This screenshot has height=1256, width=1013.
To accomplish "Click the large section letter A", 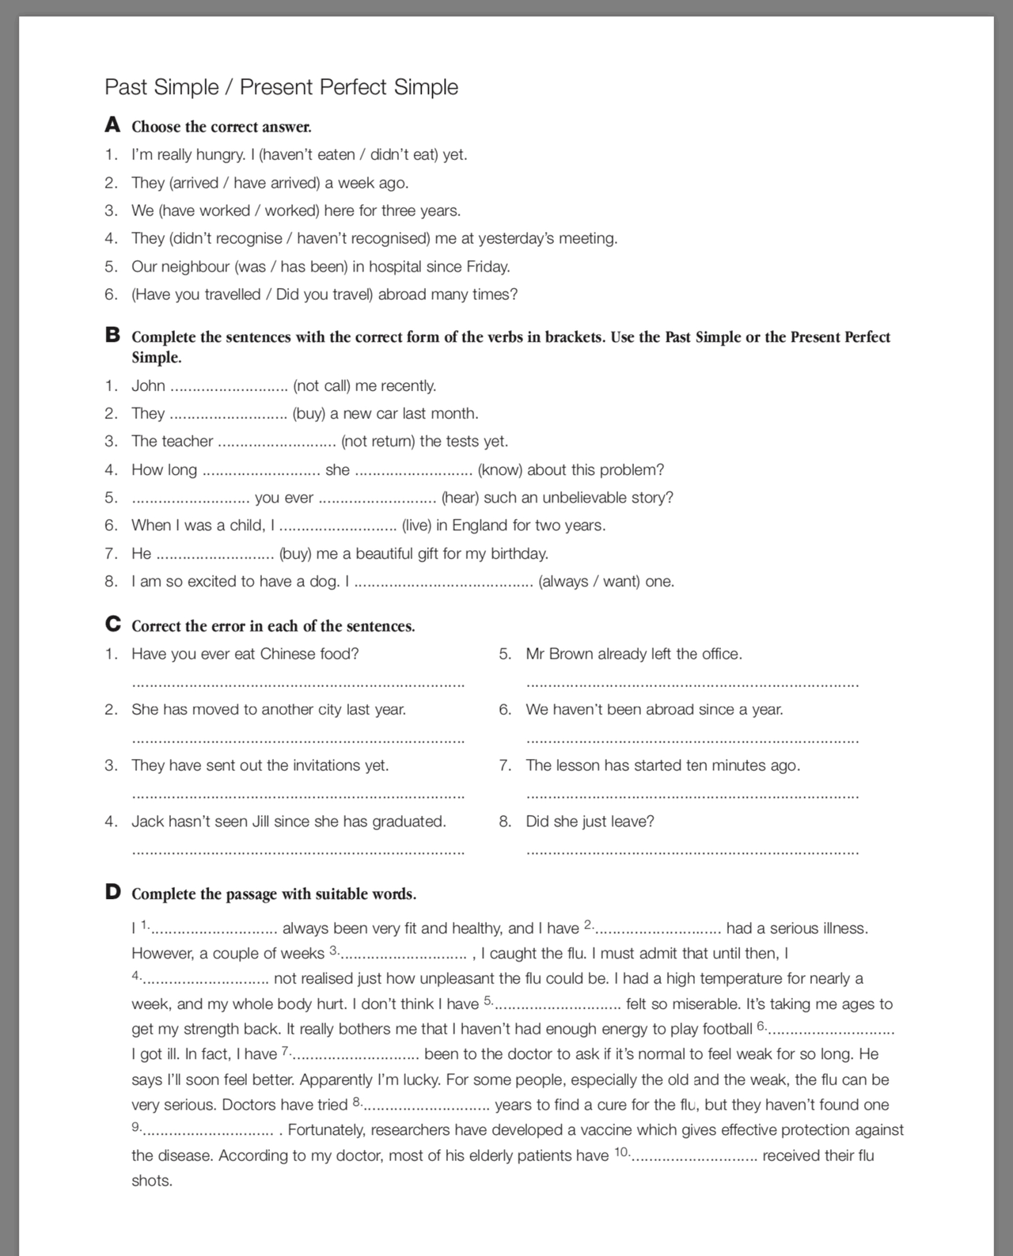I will point(112,125).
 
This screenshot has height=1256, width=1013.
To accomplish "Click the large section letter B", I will point(112,335).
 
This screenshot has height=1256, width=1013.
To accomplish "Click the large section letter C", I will point(112,624).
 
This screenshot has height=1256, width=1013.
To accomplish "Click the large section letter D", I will point(112,892).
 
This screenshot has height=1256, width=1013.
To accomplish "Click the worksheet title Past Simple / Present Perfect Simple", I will point(281,86).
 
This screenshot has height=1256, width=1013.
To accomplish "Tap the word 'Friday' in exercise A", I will point(487,266).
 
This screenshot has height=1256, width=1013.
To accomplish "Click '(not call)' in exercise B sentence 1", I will point(321,385).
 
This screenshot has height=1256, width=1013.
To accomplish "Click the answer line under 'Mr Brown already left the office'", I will point(692,683).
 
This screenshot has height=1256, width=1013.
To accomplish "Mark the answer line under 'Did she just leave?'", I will point(692,851).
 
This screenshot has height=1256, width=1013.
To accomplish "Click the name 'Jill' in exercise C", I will point(261,821).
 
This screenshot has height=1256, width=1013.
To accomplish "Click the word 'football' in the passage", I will point(722,1029).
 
